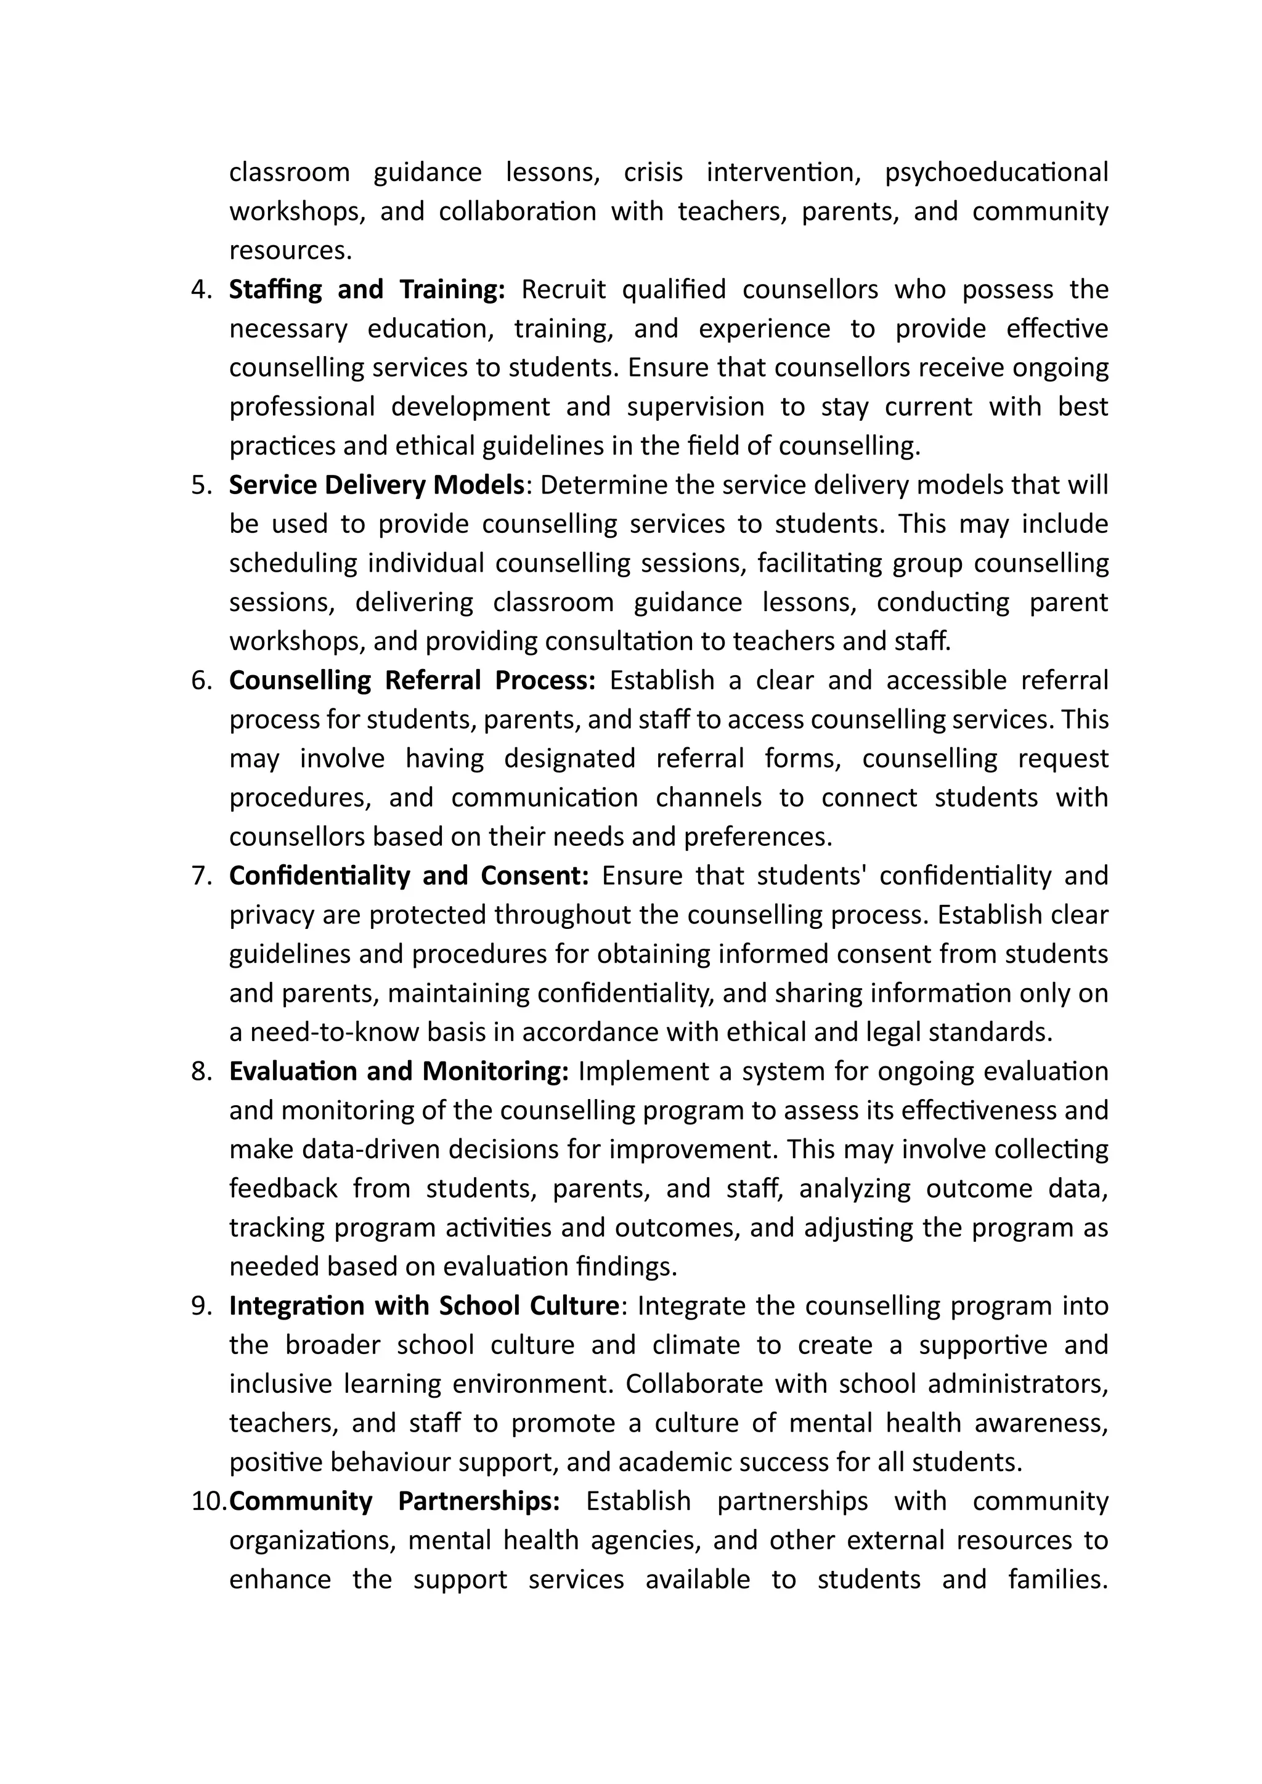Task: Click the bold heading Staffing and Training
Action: (x=367, y=290)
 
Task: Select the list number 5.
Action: (x=202, y=485)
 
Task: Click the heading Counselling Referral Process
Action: (x=412, y=681)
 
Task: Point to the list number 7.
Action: (x=202, y=877)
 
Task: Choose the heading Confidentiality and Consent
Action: (x=409, y=877)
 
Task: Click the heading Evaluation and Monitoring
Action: (x=399, y=1071)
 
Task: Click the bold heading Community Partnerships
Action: (x=395, y=1501)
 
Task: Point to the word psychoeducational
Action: (x=996, y=172)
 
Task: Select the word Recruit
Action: (x=563, y=290)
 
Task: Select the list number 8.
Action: (x=202, y=1071)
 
